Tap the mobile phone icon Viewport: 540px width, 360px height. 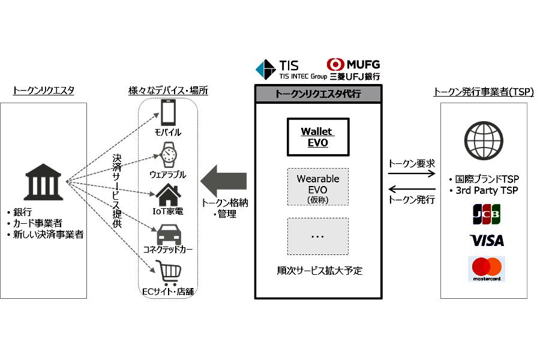[x=169, y=112]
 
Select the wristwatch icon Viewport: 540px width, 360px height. [x=169, y=154]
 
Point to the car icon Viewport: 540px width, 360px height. [x=169, y=235]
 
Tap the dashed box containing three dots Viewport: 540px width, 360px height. [x=317, y=236]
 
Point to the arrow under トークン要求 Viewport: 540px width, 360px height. [x=411, y=174]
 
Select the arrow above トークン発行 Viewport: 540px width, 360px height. [x=411, y=190]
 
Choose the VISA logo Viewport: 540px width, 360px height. [x=487, y=241]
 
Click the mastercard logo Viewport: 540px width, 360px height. [x=487, y=269]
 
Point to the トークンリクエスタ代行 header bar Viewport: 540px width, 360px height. [x=317, y=94]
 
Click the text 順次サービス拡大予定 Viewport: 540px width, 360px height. [x=318, y=271]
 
